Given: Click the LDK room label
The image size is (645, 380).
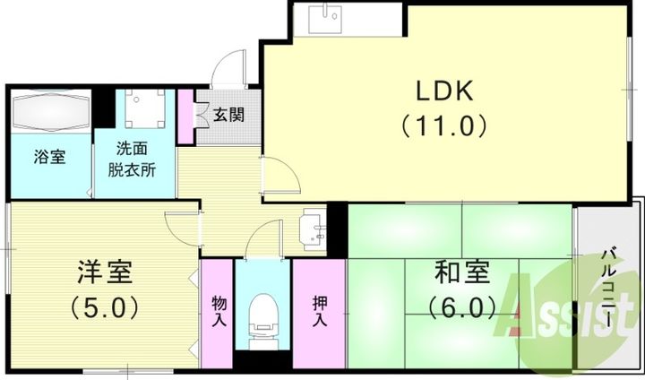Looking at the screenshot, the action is coord(445,91).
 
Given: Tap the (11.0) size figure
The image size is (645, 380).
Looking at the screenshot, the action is coord(444,125).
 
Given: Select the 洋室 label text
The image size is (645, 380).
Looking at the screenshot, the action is coord(105,272).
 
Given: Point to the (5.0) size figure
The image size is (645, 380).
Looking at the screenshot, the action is coord(104,307).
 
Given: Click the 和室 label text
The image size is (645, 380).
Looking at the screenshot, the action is coord(462,272).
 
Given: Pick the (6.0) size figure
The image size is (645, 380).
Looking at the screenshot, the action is coord(462,307).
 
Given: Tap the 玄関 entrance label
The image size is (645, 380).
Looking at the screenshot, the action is coord(228,115).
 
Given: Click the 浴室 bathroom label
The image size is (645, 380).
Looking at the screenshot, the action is coord(49,157).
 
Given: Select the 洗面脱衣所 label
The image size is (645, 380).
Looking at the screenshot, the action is coord(132,160).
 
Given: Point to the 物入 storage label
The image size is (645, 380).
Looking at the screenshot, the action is coord(219,311).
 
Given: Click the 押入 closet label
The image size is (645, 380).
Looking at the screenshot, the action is coord(320,311).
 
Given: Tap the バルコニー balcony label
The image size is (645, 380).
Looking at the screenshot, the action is coord(609,289).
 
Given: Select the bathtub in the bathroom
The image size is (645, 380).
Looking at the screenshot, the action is coord(51,111).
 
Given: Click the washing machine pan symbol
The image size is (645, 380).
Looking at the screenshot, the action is coord(145,108).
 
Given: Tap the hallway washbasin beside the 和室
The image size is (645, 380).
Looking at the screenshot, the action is coord(313,229).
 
